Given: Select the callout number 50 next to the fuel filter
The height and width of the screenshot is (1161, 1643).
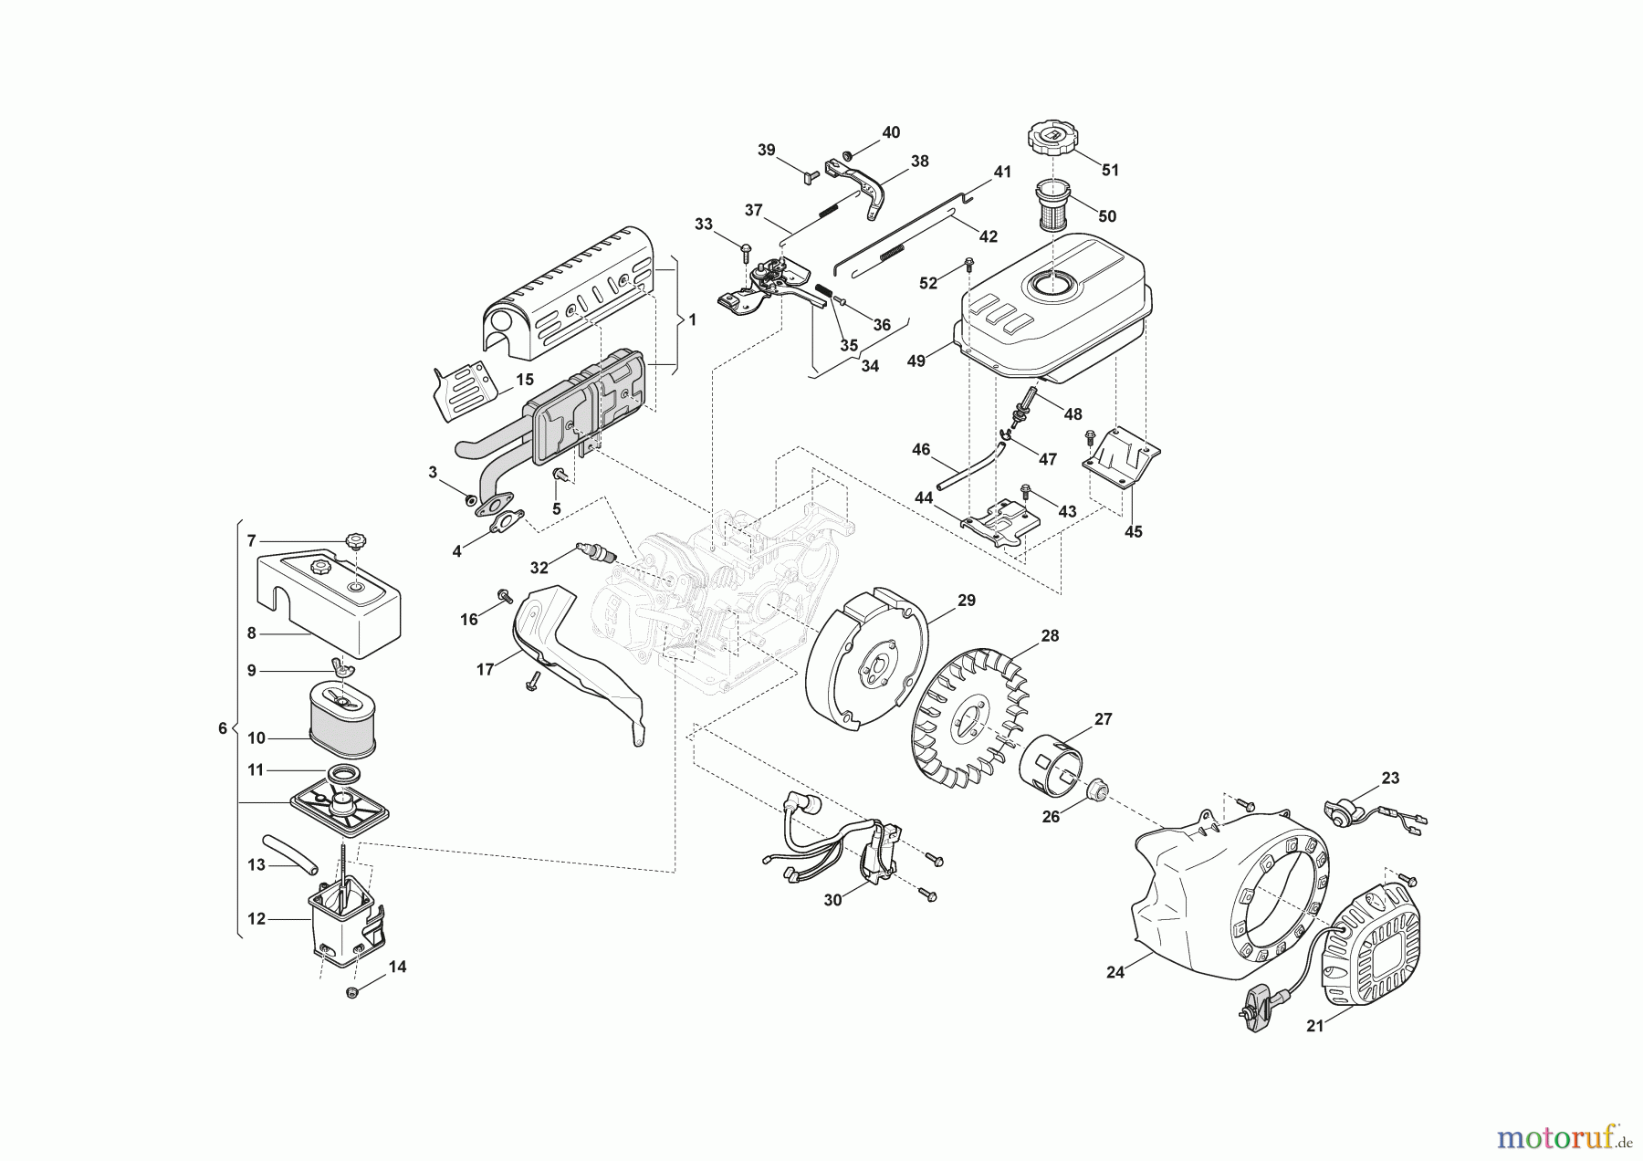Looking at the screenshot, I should [1107, 216].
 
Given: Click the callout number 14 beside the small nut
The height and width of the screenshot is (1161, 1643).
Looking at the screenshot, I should [397, 967].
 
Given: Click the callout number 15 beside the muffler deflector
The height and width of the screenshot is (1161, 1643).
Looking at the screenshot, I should [524, 379].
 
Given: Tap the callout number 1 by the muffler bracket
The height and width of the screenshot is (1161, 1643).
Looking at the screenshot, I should [692, 320].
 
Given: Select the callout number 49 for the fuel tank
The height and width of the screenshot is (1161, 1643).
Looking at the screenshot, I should [916, 361].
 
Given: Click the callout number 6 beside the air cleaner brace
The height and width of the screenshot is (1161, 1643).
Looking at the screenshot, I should [223, 728].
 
